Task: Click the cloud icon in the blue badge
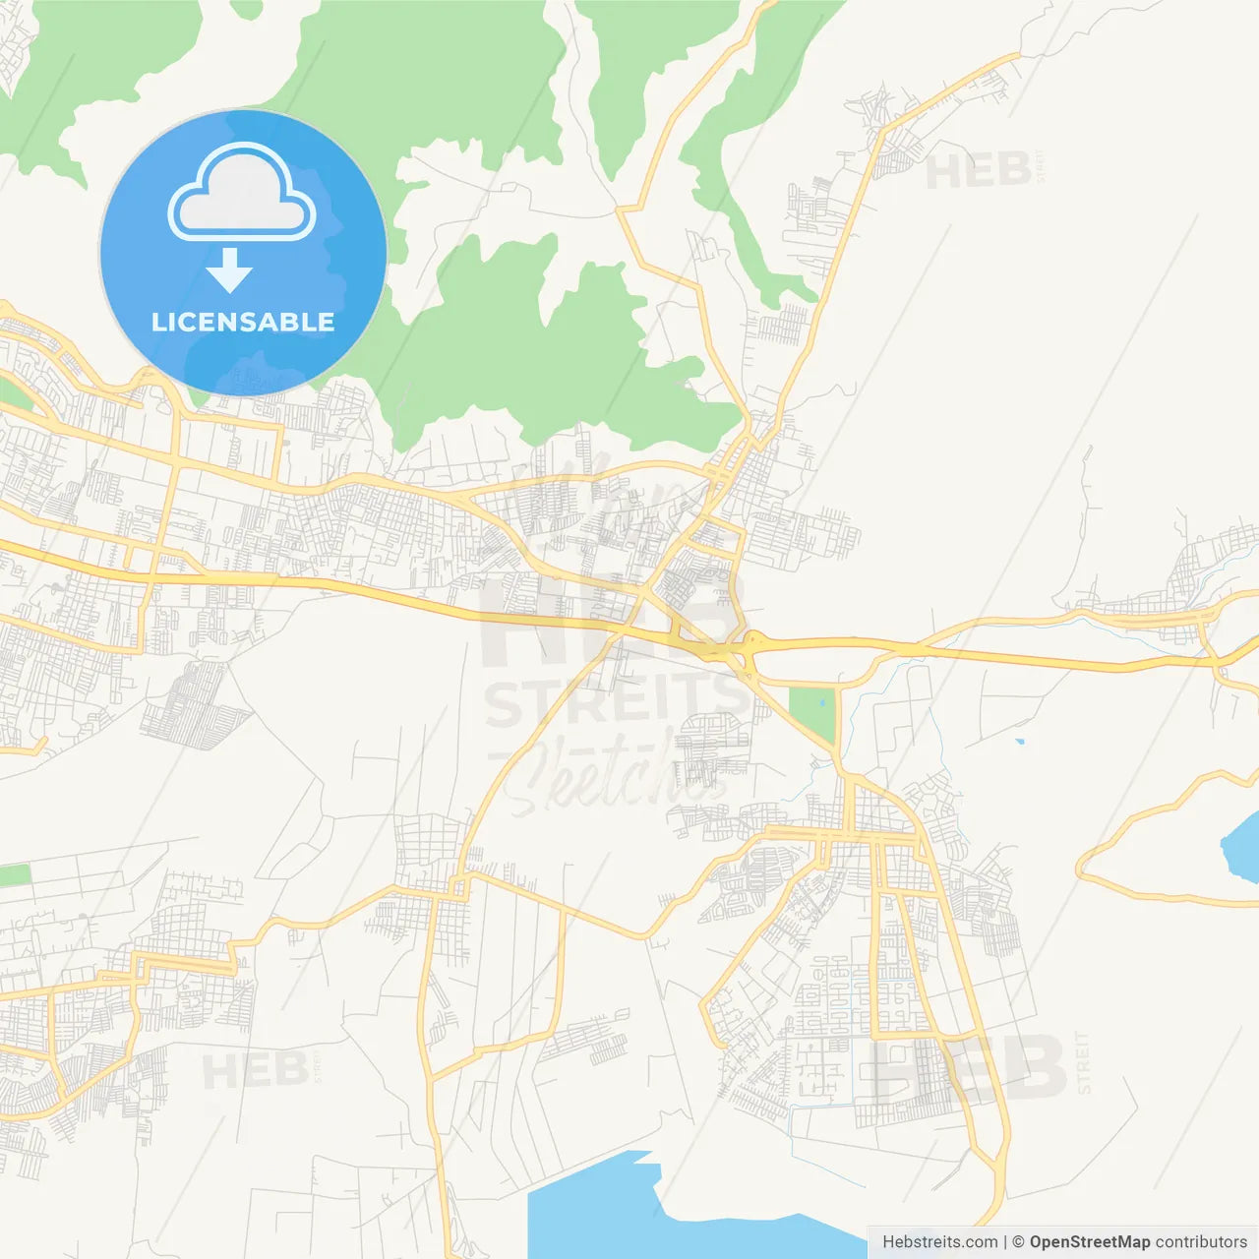[x=242, y=192]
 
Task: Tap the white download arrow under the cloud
[x=230, y=270]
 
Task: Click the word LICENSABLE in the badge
[x=243, y=322]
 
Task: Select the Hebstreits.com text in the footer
[x=939, y=1242]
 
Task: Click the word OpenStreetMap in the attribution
[x=1090, y=1242]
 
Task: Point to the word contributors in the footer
[x=1201, y=1242]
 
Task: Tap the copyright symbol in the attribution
[x=1018, y=1242]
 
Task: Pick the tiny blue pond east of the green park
[x=1019, y=741]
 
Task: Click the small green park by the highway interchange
[x=812, y=713]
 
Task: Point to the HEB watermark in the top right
[x=978, y=171]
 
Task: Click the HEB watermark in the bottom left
[x=255, y=1070]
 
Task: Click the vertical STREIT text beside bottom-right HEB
[x=1084, y=1062]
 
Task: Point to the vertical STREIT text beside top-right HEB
[x=1040, y=165]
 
